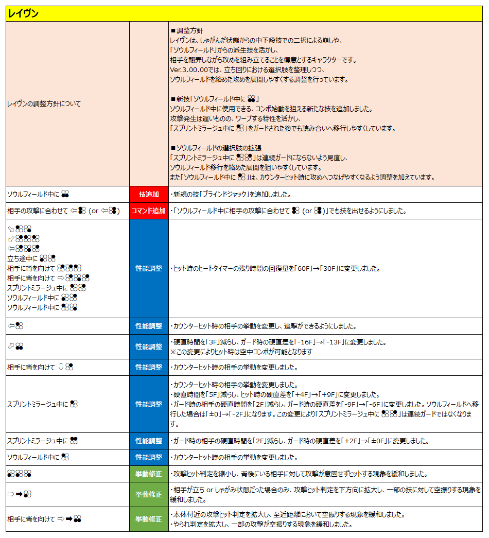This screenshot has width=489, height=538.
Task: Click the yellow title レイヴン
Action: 23,14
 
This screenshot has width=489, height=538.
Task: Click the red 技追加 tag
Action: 149,194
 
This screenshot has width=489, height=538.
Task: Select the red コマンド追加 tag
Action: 149,211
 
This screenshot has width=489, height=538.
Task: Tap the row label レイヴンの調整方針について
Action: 44,103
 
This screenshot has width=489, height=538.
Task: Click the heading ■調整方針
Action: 186,31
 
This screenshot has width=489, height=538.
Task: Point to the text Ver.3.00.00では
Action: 194,70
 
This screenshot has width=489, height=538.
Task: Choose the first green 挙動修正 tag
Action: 149,474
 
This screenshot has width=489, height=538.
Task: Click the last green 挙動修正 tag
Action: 149,519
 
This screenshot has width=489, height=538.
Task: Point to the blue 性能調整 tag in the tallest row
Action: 149,268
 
